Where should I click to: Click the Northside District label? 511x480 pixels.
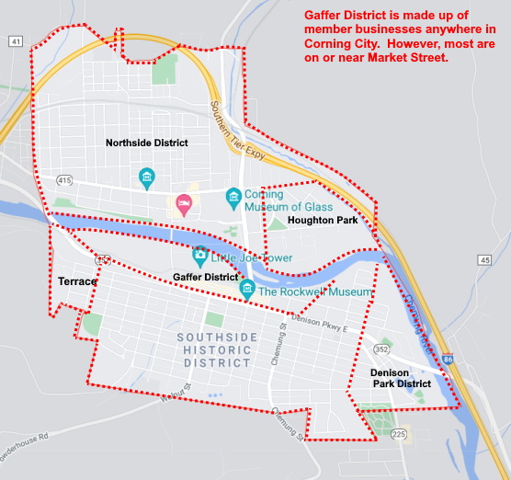coord(146,143)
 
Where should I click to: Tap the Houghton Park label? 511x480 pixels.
coord(322,221)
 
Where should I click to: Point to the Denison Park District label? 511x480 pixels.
coord(401,378)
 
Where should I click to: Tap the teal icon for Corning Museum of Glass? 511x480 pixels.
coord(233,196)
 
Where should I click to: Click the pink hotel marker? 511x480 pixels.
coord(184,203)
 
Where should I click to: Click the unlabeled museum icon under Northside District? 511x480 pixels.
coord(146,176)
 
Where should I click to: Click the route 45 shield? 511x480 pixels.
coord(484,260)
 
